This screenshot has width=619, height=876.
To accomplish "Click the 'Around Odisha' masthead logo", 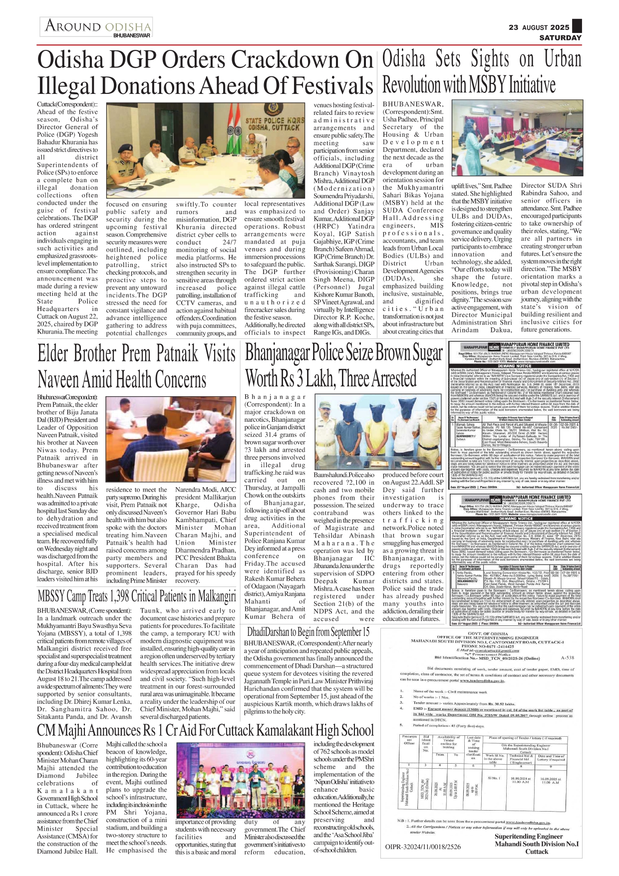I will tap(98, 27).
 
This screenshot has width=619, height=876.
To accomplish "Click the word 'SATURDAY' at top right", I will tap(560, 37).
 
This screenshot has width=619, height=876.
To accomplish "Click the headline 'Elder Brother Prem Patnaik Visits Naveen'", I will tap(136, 366).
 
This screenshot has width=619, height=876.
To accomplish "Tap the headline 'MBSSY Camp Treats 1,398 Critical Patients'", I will tap(136, 596).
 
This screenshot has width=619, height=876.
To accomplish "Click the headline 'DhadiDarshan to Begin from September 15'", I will tap(308, 631).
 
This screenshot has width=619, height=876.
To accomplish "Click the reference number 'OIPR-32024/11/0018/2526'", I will tap(423, 847).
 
